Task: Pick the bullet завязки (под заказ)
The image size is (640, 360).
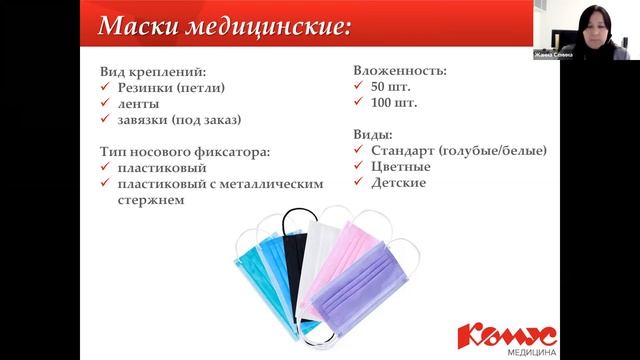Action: click(180, 120)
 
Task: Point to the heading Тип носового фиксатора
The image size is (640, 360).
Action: click(185, 151)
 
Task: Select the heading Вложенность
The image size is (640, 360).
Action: click(399, 72)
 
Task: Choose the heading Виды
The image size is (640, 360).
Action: click(373, 134)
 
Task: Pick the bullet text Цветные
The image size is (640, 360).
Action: click(401, 167)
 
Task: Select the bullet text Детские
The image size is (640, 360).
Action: click(399, 183)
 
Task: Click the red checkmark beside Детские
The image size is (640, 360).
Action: click(360, 183)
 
